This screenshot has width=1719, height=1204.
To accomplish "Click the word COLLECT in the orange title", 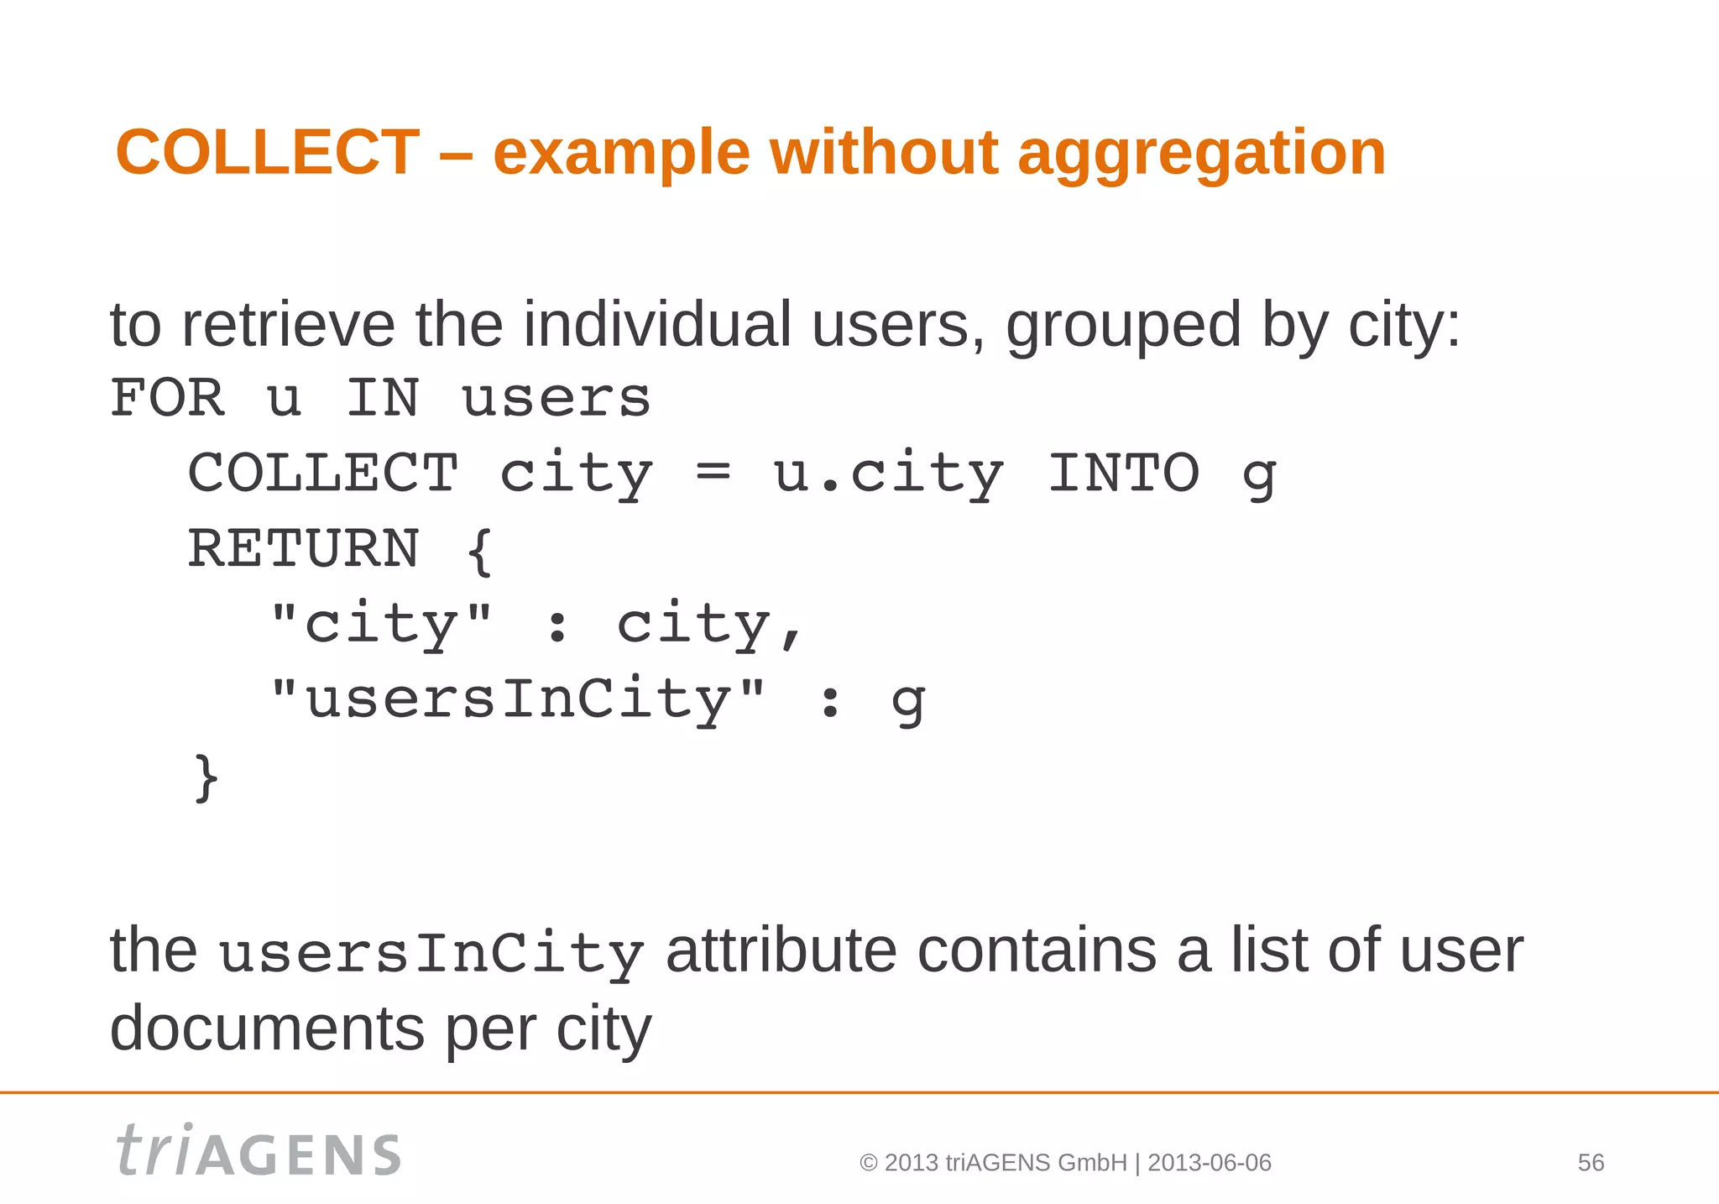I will (x=268, y=153).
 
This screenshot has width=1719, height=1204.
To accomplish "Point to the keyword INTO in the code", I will (x=1124, y=473).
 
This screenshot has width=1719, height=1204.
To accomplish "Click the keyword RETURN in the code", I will (x=303, y=549).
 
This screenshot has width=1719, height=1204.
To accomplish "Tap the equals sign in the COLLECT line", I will (x=713, y=473).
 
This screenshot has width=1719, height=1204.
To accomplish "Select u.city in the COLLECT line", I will (x=888, y=474).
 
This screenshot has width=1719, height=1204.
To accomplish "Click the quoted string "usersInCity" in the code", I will (x=518, y=699).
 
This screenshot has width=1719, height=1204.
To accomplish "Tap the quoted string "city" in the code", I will (x=382, y=624).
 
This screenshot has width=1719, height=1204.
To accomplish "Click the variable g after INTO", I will (x=1259, y=476).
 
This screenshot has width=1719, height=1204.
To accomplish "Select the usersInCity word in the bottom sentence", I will (x=431, y=955).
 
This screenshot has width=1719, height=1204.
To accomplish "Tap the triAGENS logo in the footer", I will (x=259, y=1150).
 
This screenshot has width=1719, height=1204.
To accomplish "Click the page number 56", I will (x=1591, y=1163).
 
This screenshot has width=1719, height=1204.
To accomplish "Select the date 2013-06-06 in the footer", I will (x=1210, y=1163).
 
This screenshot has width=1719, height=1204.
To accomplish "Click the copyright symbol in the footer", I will (x=869, y=1163).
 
